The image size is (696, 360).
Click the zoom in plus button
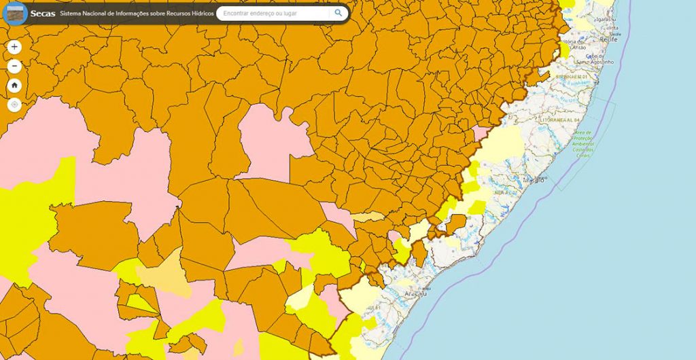pyautogui.click(x=15, y=47)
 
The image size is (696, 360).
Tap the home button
pyautogui.click(x=15, y=86)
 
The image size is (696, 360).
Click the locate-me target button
pyautogui.click(x=15, y=105)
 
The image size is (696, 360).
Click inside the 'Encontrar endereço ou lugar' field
pyautogui.click(x=272, y=13)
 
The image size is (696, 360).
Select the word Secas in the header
pyautogui.click(x=42, y=13)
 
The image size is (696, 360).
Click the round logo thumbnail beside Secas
pyautogui.click(x=14, y=13)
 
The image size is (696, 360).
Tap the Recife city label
pyautogui.click(x=608, y=40)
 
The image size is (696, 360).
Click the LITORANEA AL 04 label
pyautogui.click(x=560, y=120)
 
